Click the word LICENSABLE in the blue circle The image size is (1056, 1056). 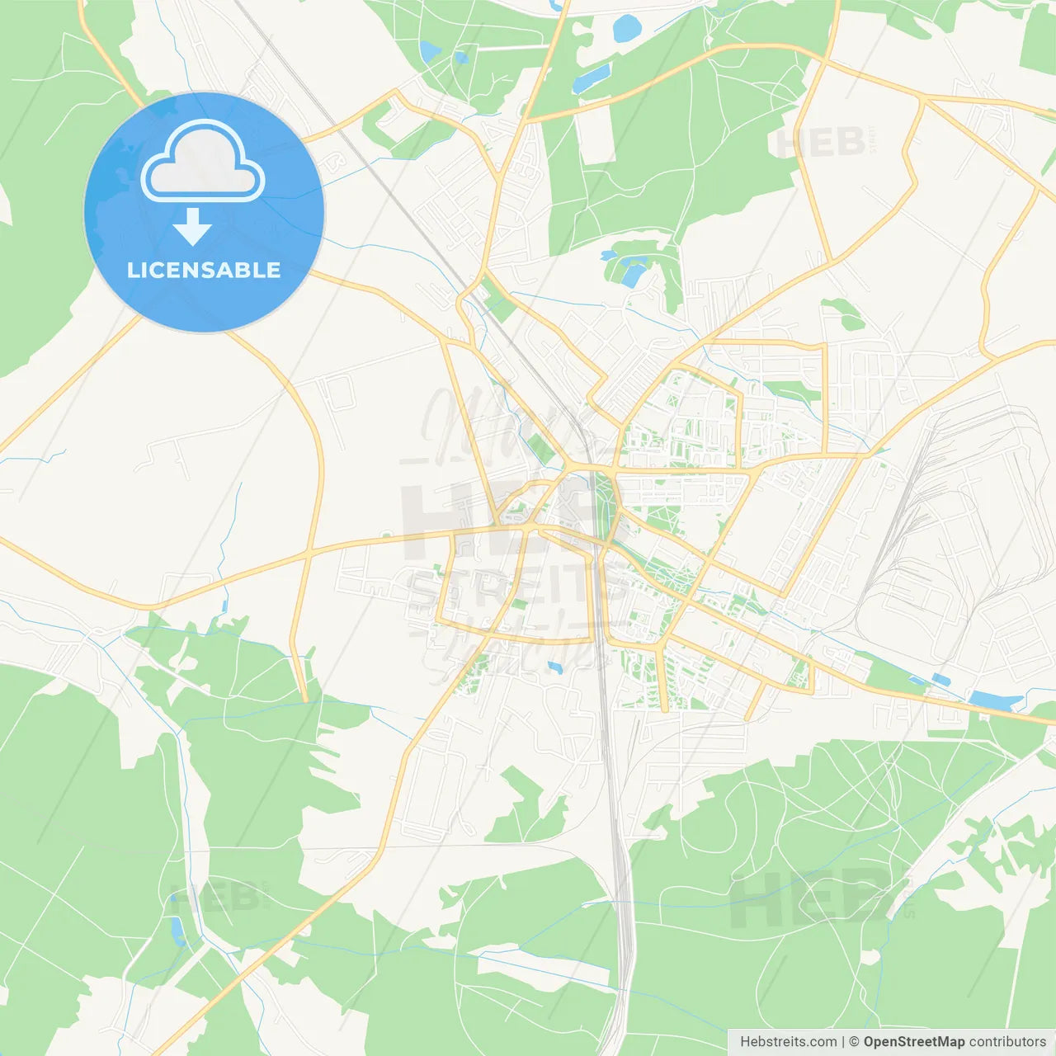coord(204,270)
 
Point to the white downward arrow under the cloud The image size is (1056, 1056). coord(192,227)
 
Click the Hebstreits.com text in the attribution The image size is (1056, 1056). coord(788,1042)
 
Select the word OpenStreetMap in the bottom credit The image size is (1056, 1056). coord(913,1042)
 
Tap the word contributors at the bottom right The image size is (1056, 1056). coord(1007,1042)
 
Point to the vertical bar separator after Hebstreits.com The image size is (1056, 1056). coord(843,1042)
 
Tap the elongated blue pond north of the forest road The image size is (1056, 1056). coord(591,78)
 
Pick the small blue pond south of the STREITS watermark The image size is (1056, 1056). coord(554,667)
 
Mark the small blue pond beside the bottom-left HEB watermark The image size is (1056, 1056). coord(177,930)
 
